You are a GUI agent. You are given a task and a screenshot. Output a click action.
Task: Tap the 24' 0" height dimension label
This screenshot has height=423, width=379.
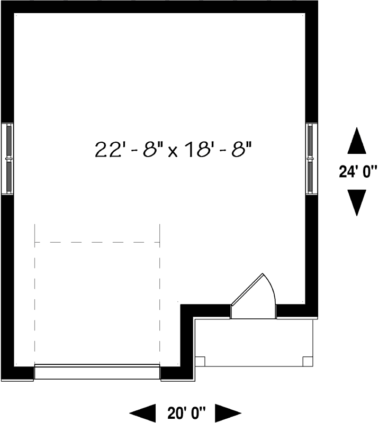tap(358, 171)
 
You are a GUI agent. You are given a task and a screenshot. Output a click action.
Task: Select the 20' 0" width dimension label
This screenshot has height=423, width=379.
tap(186, 412)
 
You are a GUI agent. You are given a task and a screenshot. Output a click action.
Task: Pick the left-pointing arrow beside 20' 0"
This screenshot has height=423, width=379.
tap(143, 412)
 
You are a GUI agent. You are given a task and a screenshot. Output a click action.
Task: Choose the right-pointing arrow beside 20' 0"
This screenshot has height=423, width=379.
tap(228, 412)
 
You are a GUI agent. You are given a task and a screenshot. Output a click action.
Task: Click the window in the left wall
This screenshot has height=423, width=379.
tap(8, 159)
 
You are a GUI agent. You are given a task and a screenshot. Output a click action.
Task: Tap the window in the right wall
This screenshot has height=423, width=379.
tap(311, 159)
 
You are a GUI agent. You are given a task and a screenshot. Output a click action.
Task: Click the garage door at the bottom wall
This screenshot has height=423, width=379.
tap(97, 372)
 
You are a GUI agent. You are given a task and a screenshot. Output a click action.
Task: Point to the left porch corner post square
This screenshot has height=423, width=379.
tap(200, 361)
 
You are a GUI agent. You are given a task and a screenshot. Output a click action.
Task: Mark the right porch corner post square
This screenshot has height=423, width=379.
tap(308, 361)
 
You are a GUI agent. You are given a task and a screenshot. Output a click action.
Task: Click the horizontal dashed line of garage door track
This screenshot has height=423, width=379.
tap(97, 242)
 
